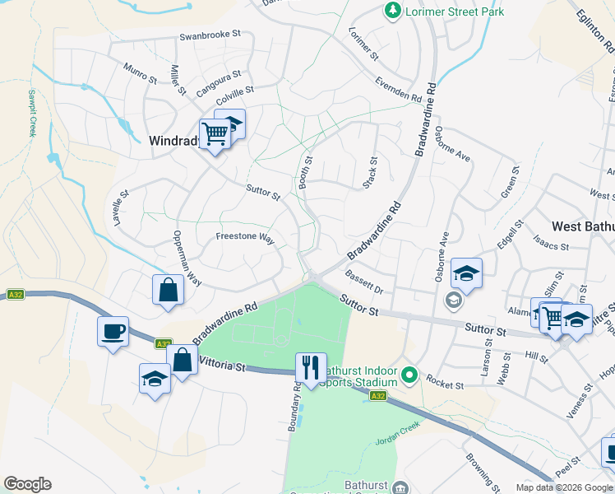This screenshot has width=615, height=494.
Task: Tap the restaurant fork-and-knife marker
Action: (x=311, y=368)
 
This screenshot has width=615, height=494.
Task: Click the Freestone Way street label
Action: (x=244, y=236)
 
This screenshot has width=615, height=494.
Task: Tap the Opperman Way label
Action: (x=187, y=258)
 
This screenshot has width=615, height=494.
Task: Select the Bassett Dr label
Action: (x=364, y=282)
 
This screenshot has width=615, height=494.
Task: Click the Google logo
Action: (x=27, y=484)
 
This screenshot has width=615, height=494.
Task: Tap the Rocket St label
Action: (x=446, y=384)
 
